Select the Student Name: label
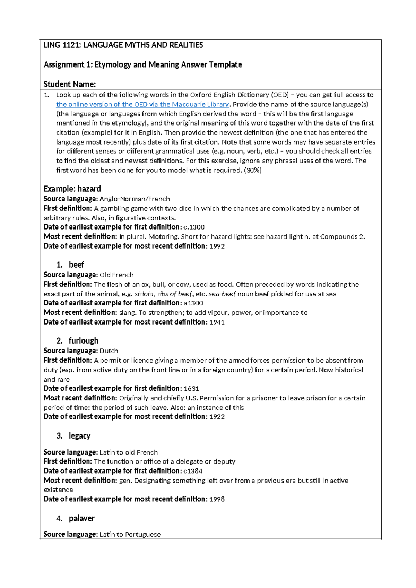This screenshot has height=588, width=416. click(70, 84)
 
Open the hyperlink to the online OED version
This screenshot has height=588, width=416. click(142, 104)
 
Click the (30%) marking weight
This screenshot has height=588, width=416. click(253, 170)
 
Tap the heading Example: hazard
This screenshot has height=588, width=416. click(72, 189)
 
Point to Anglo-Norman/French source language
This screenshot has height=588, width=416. click(135, 199)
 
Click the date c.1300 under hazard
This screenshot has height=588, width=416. click(194, 227)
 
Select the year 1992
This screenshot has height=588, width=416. click(217, 246)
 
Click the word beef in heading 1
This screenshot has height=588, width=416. click(76, 265)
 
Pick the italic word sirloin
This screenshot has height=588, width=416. click(144, 294)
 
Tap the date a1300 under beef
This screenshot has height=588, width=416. click(193, 303)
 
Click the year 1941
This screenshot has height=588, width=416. click(217, 322)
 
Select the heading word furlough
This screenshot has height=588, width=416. click(83, 341)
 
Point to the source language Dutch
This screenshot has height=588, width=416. click(109, 351)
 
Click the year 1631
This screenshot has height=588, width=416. click(191, 389)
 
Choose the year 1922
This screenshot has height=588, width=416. click(217, 417)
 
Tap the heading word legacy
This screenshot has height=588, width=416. click(79, 436)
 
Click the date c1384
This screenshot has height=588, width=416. click(193, 471)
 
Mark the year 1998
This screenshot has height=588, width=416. click(217, 499)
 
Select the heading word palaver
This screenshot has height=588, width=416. click(81, 518)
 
